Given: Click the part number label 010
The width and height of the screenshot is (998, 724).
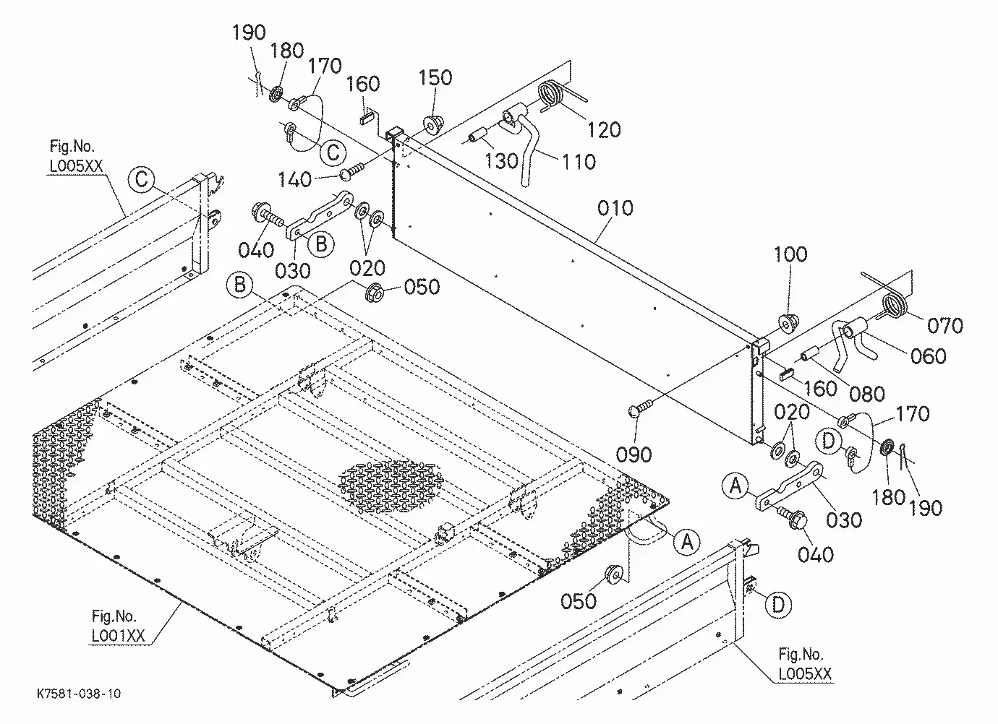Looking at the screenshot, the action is pos(615,208).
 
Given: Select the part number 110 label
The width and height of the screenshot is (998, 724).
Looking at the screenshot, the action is pos(579,162).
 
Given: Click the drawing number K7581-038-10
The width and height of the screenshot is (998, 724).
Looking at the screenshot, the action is pos(79,693).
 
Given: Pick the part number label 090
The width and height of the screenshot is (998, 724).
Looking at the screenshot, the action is pos(634,454).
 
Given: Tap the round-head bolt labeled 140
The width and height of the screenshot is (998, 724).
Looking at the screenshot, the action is pos(353,171).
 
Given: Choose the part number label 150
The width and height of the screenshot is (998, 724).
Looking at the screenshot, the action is pos(435,77).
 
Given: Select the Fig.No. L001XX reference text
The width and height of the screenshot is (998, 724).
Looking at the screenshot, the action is pos(118,626).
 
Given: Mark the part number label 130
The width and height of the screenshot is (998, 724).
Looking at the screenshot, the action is pos(501,160).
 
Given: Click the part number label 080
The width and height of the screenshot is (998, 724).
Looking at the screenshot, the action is pos(867,394).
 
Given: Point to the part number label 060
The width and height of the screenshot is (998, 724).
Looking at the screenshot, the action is pos(928,356).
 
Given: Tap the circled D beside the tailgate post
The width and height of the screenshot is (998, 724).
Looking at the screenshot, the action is pos(778,605).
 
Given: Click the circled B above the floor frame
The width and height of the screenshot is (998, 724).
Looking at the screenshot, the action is pos(239,285).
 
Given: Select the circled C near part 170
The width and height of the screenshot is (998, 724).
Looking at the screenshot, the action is pos(333,152).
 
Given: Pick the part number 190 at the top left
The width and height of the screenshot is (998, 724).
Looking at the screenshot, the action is pos(249,33).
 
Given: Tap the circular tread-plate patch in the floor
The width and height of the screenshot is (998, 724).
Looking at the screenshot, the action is pos(390,487).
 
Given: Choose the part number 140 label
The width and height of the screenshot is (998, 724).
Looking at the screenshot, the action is pos(295,180).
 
